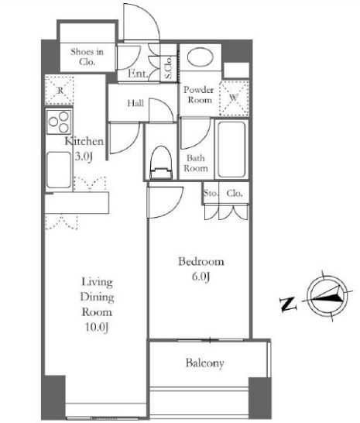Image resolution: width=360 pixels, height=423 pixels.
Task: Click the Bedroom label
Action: [x=201, y=261]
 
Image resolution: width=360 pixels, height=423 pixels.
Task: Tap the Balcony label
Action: [x=204, y=363]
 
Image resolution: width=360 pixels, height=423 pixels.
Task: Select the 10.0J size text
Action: [x=97, y=327]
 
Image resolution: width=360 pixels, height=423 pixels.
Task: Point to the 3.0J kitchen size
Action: [x=84, y=156]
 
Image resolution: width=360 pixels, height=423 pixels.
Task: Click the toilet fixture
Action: [x=161, y=163]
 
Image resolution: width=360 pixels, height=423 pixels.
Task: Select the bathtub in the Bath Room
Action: [x=231, y=150]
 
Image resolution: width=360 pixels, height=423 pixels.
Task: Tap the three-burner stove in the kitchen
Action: [x=59, y=122]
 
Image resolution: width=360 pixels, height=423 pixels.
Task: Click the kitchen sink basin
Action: [x=59, y=170]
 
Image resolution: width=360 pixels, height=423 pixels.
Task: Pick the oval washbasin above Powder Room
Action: [x=200, y=57]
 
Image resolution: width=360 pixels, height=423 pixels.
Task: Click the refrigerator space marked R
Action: [x=60, y=91]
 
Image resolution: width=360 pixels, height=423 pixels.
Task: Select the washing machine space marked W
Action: [x=234, y=98]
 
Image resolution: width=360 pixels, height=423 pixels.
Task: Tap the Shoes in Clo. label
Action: [x=87, y=57]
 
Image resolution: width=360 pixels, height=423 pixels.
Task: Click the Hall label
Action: [x=135, y=103]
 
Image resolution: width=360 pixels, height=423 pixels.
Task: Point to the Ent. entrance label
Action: [x=138, y=74]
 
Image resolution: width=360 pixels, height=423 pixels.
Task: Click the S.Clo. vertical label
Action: [x=168, y=67]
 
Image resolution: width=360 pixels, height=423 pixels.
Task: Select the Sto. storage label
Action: [x=211, y=193]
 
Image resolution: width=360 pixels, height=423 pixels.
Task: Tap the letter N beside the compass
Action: [x=288, y=304]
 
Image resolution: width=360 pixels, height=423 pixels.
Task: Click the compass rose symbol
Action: [x=327, y=296]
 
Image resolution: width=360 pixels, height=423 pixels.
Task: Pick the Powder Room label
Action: [x=198, y=95]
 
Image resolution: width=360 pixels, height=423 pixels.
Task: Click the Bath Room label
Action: [x=196, y=163]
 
